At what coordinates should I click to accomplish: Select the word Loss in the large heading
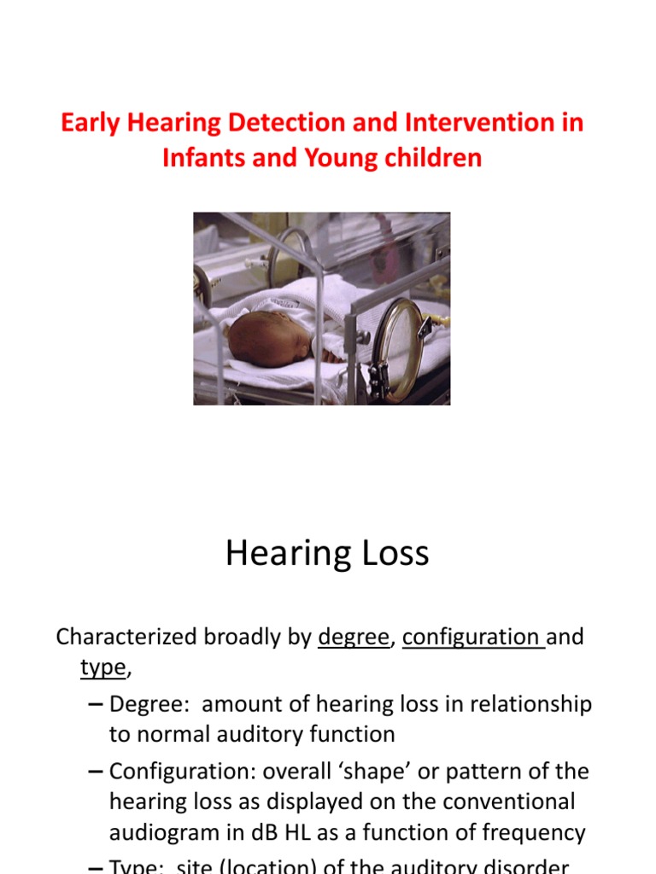tap(394, 554)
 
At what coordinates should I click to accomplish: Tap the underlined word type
tap(102, 668)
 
